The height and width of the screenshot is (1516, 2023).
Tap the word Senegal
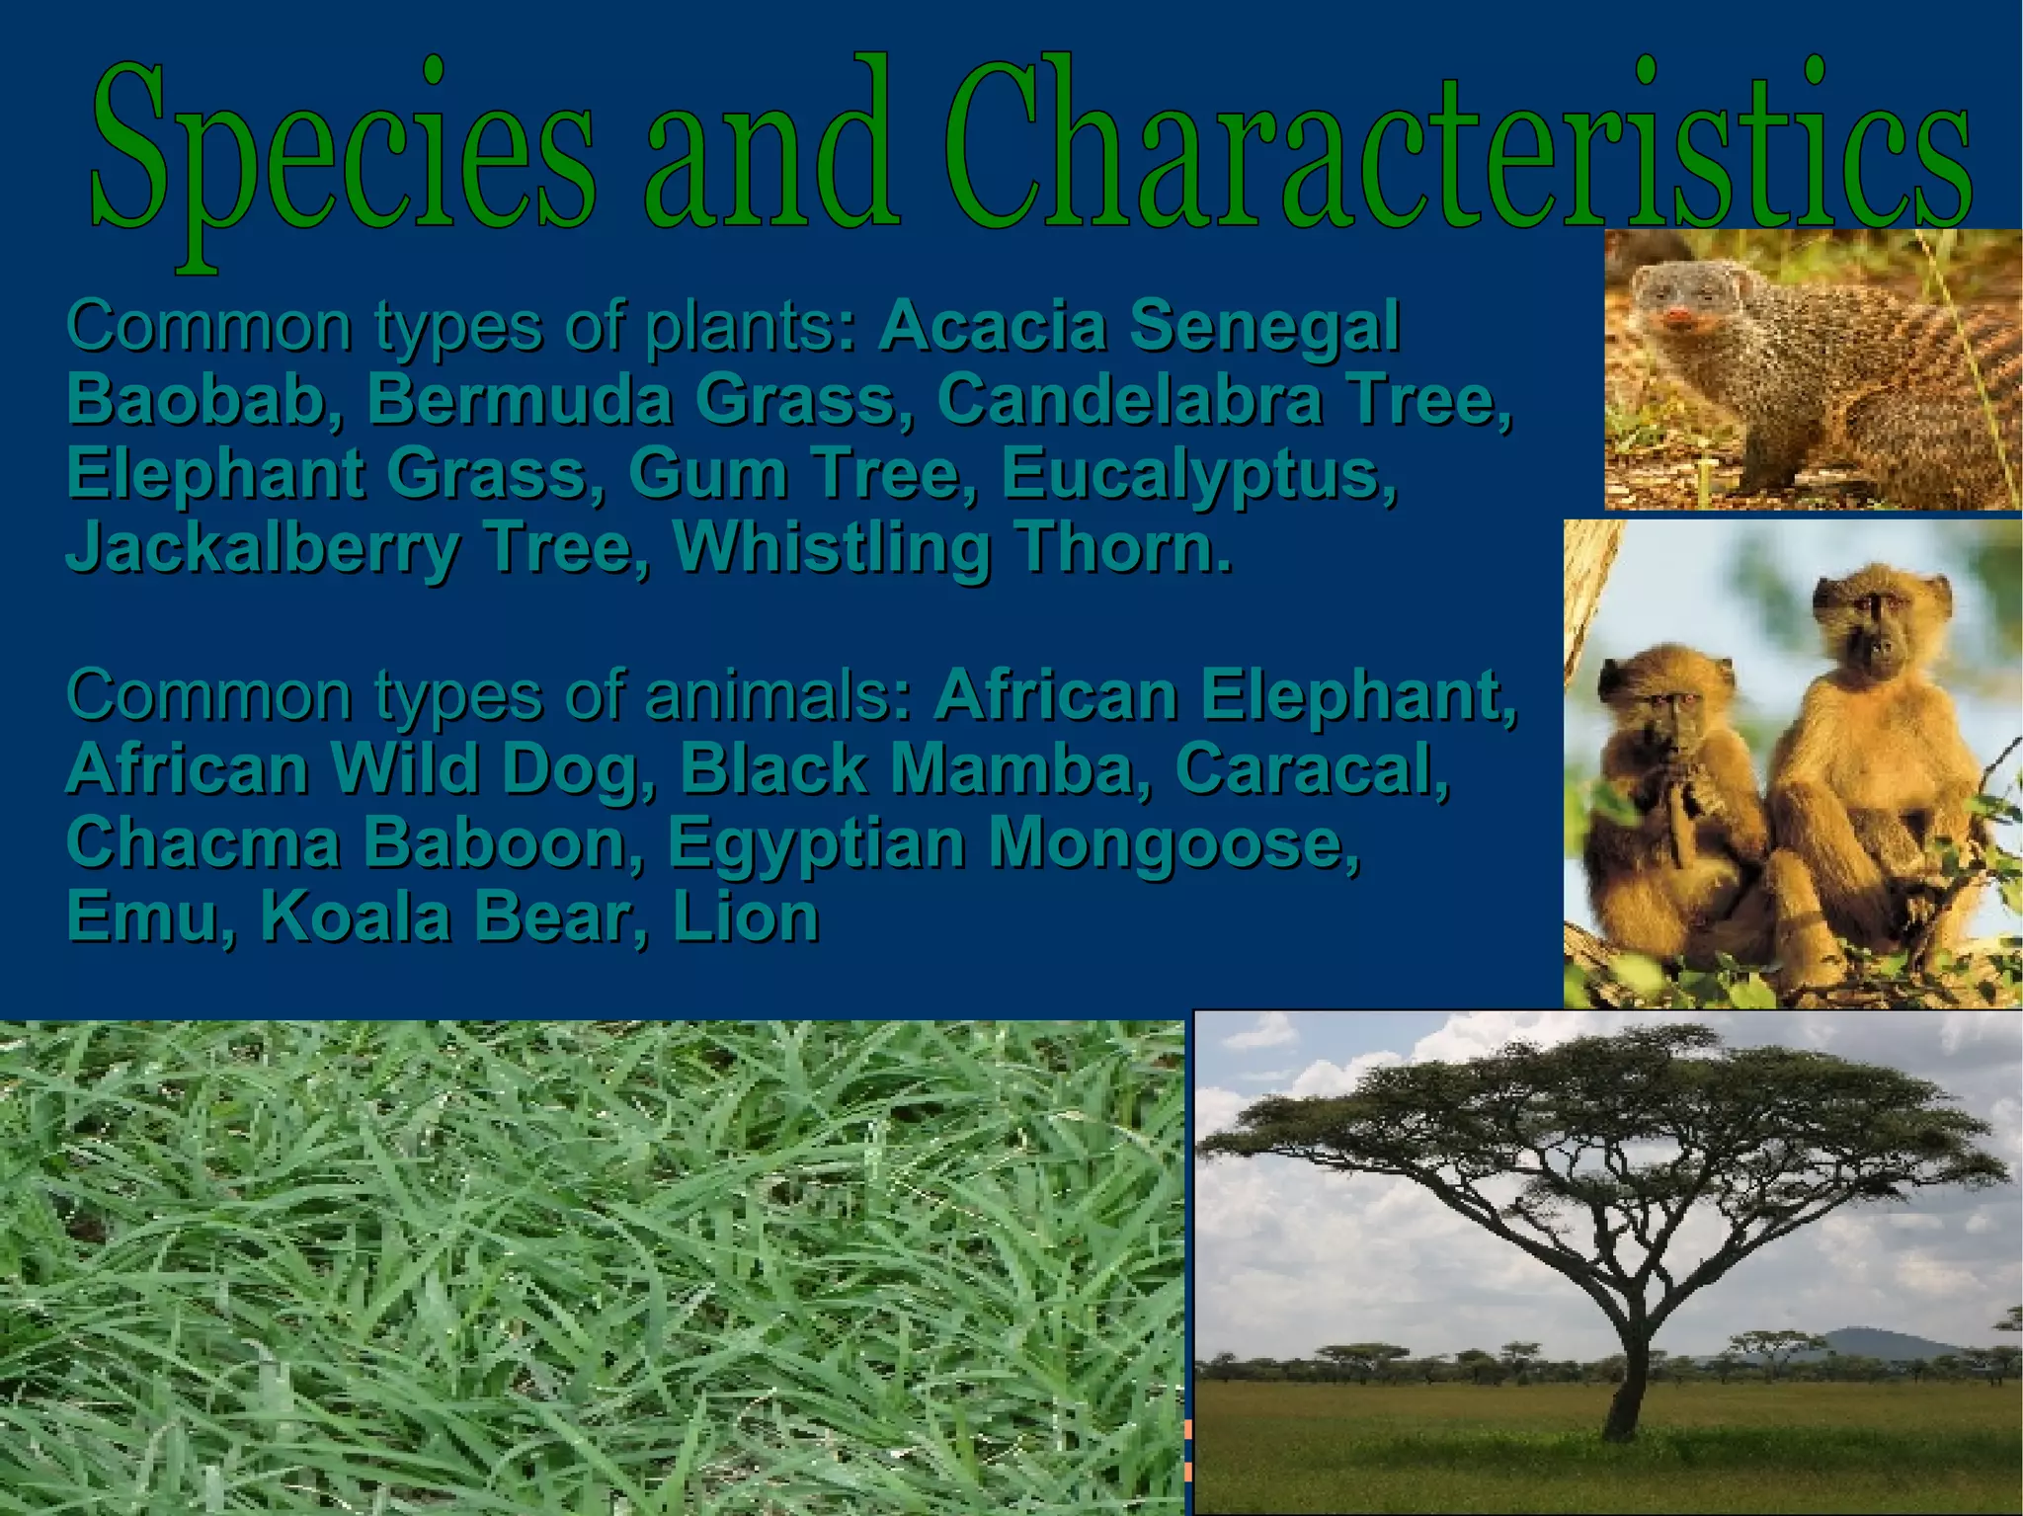[1264, 326]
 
